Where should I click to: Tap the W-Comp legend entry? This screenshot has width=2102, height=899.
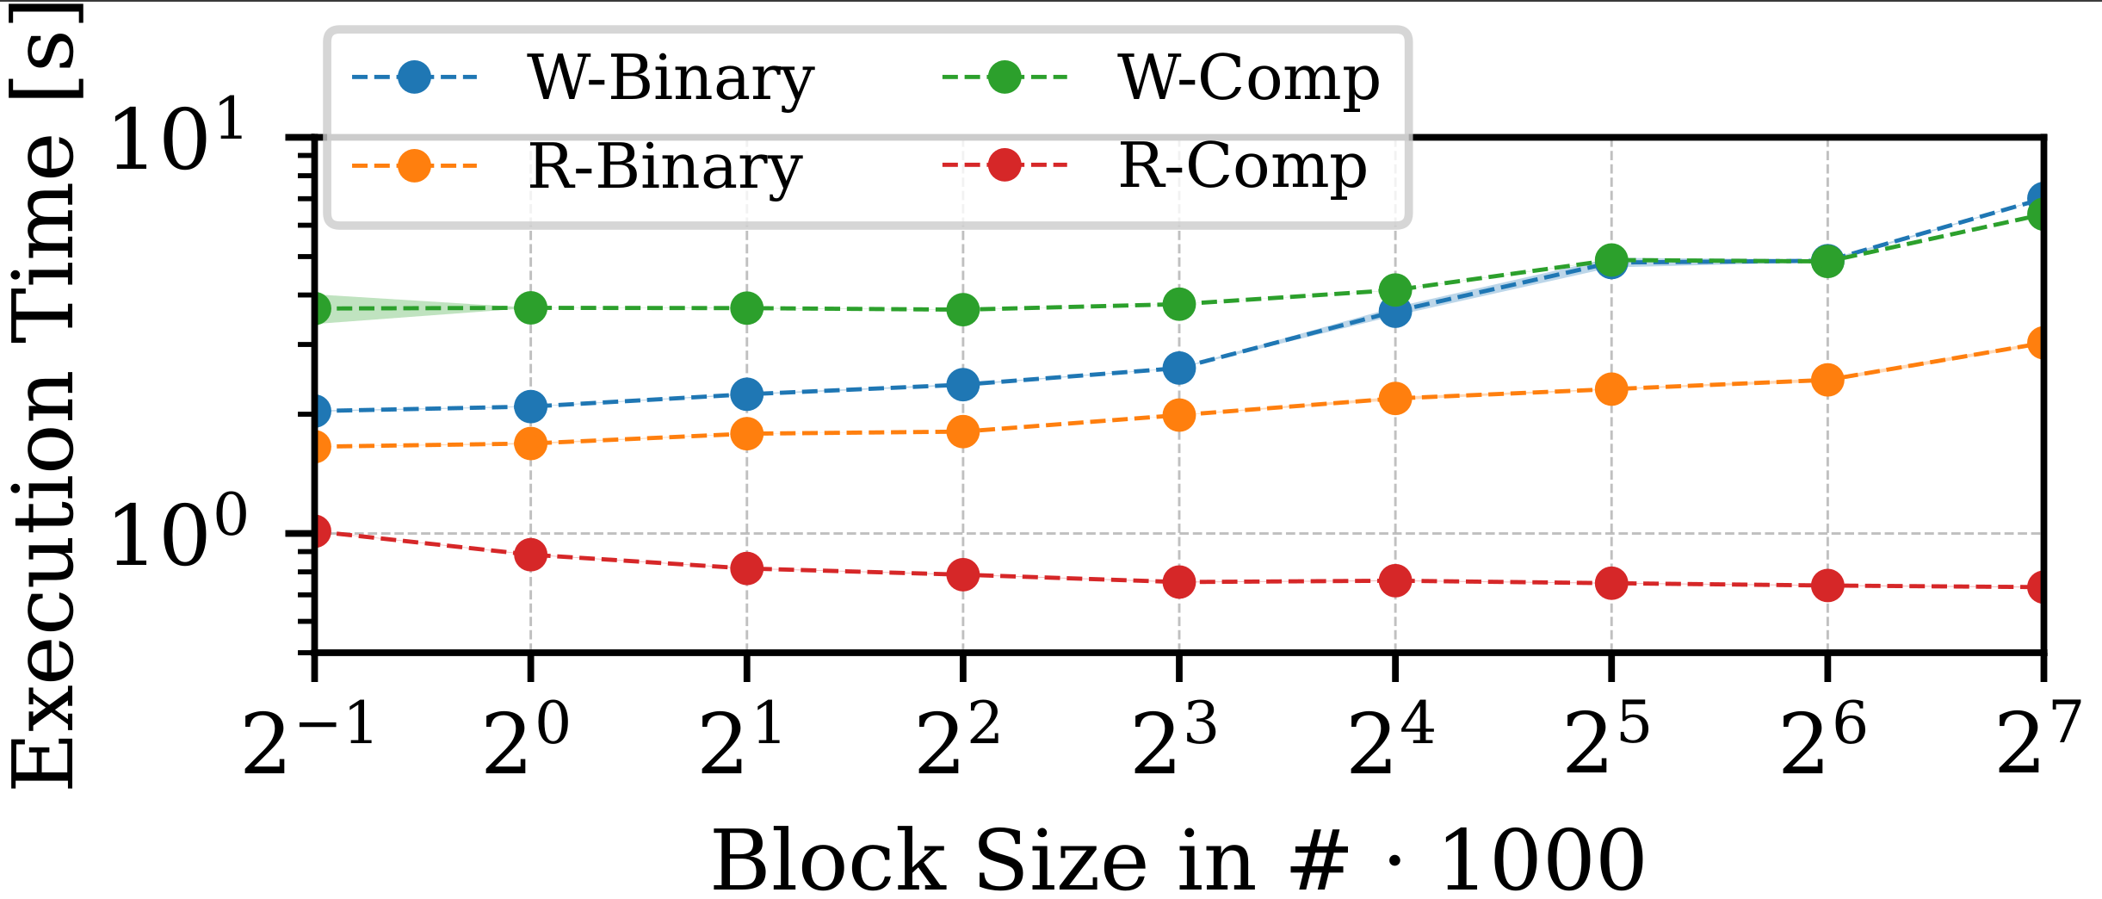pos(1249,78)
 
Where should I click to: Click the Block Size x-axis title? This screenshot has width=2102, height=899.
pos(1178,861)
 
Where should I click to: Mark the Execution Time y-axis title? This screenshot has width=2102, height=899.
pos(43,396)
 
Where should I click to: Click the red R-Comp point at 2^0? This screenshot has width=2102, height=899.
pos(530,555)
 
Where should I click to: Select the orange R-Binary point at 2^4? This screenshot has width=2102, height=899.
pos(1395,399)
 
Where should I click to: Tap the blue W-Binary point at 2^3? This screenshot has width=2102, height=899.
pos(1179,368)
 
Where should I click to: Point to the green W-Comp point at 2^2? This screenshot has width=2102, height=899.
pos(963,309)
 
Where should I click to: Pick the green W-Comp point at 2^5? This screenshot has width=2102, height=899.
pos(1611,259)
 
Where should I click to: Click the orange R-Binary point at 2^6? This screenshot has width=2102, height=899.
pos(1827,380)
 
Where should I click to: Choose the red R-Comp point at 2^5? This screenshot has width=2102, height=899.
pos(1611,583)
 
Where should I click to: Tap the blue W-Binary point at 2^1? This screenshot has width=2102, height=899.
pos(746,394)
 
